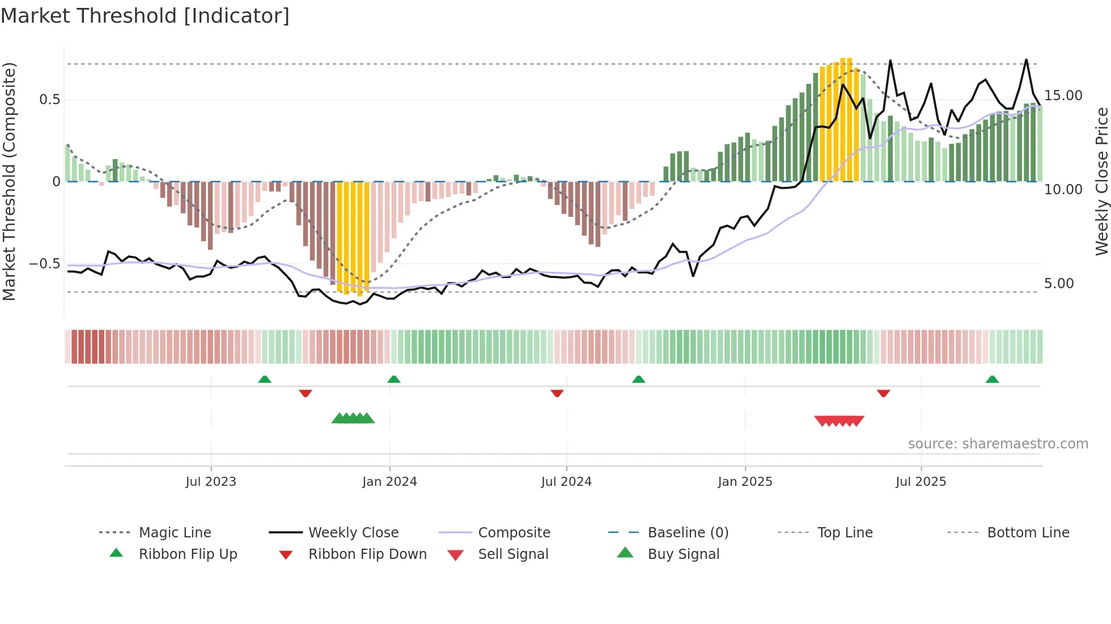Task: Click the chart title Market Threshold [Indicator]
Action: pyautogui.click(x=145, y=16)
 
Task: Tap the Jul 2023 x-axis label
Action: pyautogui.click(x=211, y=482)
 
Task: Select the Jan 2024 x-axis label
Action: pyautogui.click(x=389, y=482)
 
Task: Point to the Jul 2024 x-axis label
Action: pyautogui.click(x=566, y=482)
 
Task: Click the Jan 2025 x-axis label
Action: pyautogui.click(x=745, y=482)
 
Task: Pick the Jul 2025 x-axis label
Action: pyautogui.click(x=921, y=482)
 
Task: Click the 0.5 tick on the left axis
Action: pyautogui.click(x=50, y=100)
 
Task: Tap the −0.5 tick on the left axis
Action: pyautogui.click(x=45, y=264)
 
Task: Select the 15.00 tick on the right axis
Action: pyautogui.click(x=1063, y=96)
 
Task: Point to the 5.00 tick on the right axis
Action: pyautogui.click(x=1059, y=284)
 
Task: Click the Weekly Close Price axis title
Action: pyautogui.click(x=1101, y=181)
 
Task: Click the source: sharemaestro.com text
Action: pyautogui.click(x=998, y=444)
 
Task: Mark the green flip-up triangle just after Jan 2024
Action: pyautogui.click(x=394, y=379)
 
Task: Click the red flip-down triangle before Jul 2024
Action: pyautogui.click(x=557, y=393)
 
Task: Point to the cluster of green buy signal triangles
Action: pyautogui.click(x=353, y=418)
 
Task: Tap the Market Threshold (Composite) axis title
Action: pyautogui.click(x=9, y=181)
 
